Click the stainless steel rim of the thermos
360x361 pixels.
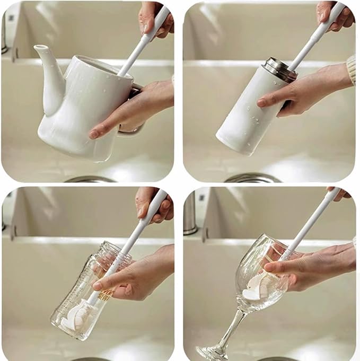point(280,69)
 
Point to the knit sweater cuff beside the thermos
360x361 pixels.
point(351,69)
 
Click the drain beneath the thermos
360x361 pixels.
point(252,178)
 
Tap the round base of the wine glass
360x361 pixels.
point(212,352)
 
